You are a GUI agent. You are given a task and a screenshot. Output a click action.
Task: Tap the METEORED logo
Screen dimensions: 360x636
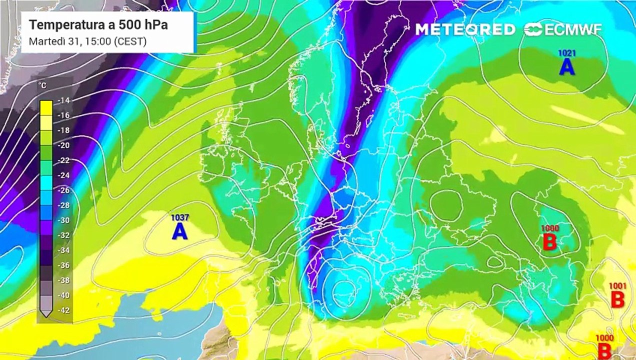465,29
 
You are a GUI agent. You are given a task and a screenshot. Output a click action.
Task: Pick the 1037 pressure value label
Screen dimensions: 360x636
179,217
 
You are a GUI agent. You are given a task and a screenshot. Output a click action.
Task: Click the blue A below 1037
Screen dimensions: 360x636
179,231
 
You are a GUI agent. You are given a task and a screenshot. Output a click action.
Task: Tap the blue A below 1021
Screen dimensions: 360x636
566,66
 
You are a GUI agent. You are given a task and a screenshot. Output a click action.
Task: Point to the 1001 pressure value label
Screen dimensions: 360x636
617,286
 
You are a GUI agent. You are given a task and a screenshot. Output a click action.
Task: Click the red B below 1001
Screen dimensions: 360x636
618,300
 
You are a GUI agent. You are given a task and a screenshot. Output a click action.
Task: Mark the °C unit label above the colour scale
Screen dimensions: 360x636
43,86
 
